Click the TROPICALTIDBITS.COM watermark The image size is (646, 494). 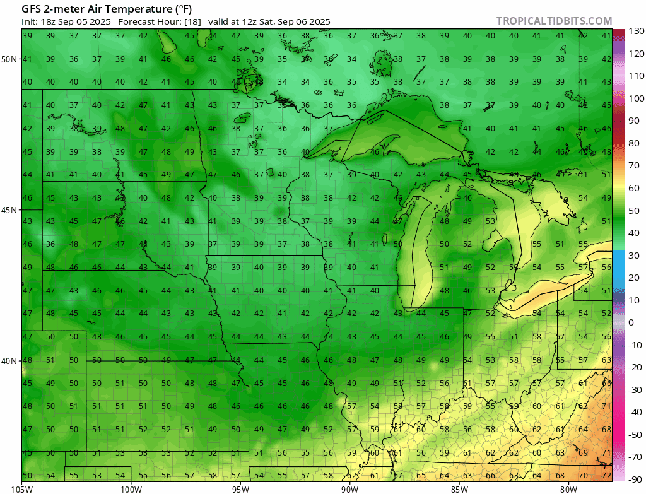(x=554, y=21)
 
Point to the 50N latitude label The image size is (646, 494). (x=9, y=59)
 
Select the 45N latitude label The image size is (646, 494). (x=9, y=210)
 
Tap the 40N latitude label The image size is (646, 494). (x=9, y=361)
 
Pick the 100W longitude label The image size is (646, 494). (x=131, y=488)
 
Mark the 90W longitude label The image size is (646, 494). (x=349, y=488)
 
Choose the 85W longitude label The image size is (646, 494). (x=459, y=488)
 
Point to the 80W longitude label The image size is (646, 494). (x=568, y=488)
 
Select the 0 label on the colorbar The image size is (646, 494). (x=631, y=322)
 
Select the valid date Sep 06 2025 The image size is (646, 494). (x=302, y=21)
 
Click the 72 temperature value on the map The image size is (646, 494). (x=606, y=474)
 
